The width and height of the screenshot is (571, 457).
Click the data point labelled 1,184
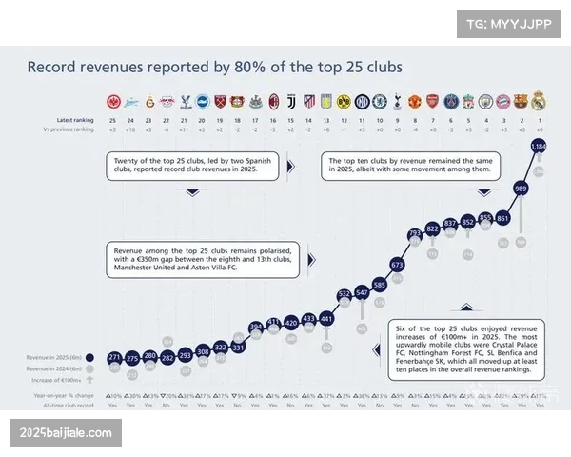point(539,147)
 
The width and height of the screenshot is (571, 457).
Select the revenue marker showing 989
point(521,189)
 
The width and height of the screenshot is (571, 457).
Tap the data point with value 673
point(397,265)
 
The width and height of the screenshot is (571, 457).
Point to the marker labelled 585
point(379,285)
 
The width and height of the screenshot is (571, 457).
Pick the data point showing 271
point(114,358)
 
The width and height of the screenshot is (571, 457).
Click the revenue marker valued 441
point(326,318)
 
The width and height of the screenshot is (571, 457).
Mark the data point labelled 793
point(415,233)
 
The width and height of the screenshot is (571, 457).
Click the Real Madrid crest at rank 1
point(539,100)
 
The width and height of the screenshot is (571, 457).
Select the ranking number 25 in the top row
point(114,120)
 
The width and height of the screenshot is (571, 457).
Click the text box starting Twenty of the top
point(192,167)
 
